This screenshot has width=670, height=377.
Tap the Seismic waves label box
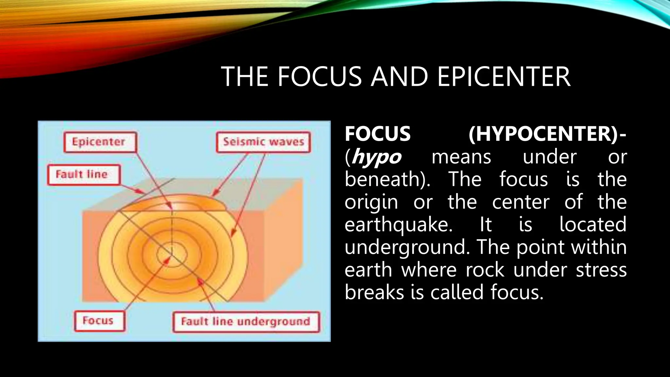263,142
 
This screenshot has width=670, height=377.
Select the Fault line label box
83,175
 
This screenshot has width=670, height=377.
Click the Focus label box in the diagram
99,321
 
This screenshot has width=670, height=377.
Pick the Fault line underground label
246,322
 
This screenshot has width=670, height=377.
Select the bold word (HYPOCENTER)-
547,134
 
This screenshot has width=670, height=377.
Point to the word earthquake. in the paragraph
398,225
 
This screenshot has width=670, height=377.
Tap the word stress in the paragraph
601,270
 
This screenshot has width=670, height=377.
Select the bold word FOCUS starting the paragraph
378,134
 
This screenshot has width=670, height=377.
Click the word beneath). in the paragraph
388,180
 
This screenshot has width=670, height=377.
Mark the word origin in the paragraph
371,202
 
